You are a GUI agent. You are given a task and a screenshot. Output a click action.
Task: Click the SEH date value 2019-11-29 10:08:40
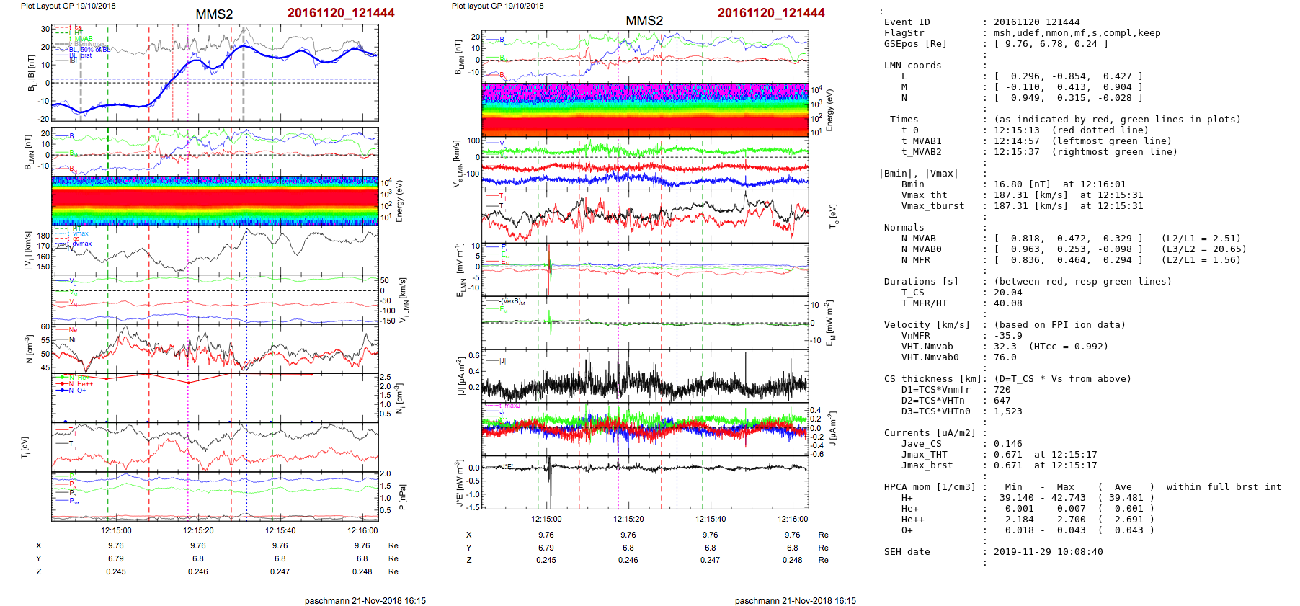1048,552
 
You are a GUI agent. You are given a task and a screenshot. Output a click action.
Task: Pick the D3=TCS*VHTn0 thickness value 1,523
1007,411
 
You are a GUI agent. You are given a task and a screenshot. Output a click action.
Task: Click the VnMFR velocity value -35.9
1007,336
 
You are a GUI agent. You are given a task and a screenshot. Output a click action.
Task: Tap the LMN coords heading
912,66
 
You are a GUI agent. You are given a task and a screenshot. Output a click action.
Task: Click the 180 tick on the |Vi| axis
44,236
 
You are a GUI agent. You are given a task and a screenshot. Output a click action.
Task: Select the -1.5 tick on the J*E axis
473,507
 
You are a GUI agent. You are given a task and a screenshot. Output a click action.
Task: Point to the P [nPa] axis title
402,497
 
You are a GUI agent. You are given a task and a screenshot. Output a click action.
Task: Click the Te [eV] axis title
834,215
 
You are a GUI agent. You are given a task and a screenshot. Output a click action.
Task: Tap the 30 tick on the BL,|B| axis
45,30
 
